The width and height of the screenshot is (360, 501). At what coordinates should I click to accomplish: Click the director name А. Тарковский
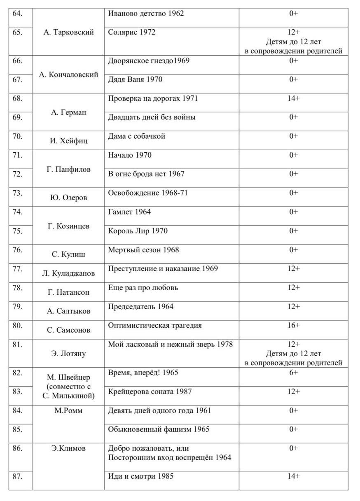tap(69, 32)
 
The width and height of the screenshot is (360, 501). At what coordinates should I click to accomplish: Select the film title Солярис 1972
tap(132, 32)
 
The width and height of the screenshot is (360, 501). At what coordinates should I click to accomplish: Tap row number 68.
tap(17, 98)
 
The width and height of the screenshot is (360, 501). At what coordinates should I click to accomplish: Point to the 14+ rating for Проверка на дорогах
tap(293, 98)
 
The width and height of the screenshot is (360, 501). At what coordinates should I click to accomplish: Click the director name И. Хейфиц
tap(69, 141)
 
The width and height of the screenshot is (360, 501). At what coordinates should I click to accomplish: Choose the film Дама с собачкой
tap(137, 136)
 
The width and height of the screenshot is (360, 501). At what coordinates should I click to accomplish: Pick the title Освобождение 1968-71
tap(148, 193)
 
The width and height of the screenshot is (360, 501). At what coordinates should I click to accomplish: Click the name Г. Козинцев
tap(69, 226)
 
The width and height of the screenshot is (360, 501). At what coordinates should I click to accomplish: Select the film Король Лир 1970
tap(138, 231)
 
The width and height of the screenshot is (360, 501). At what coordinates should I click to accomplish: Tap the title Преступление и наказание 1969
tap(163, 269)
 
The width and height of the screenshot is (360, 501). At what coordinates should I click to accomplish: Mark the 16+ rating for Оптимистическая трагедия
tap(293, 326)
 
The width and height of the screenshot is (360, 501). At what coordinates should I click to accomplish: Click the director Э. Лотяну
tap(69, 353)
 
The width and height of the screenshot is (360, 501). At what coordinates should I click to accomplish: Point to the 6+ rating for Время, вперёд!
tap(293, 373)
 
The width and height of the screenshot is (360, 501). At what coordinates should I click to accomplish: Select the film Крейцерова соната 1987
tap(150, 391)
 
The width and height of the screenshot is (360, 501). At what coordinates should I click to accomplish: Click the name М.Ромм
tap(69, 410)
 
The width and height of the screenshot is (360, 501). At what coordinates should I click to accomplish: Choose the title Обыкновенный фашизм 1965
tap(159, 429)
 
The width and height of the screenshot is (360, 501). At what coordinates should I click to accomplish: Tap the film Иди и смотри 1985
tap(140, 476)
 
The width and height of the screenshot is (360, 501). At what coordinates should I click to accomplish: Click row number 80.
tap(17, 326)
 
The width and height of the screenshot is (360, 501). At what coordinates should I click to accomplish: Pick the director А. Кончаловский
tap(69, 75)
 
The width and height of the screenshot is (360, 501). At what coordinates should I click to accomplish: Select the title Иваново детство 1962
tap(146, 14)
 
